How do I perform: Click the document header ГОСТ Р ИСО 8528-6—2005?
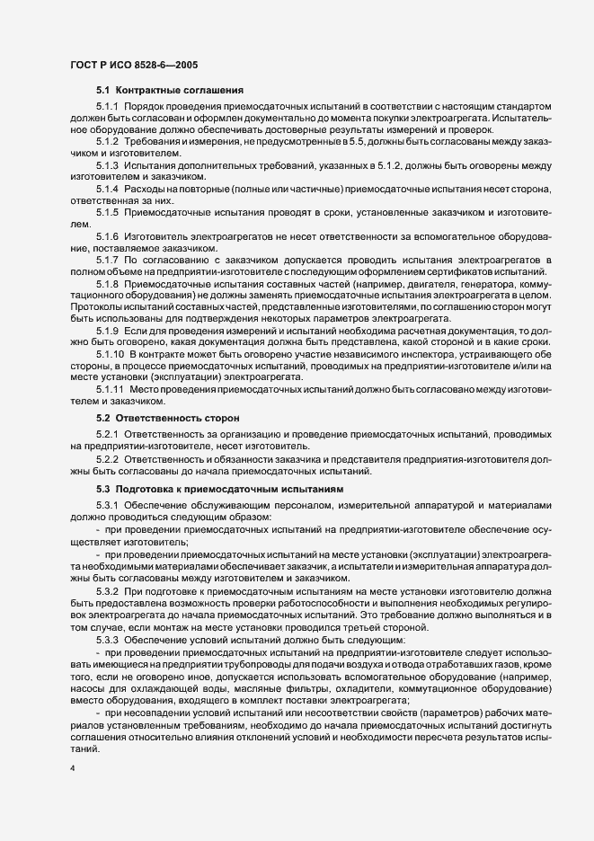tap(134, 66)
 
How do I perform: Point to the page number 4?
tap(72, 768)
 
